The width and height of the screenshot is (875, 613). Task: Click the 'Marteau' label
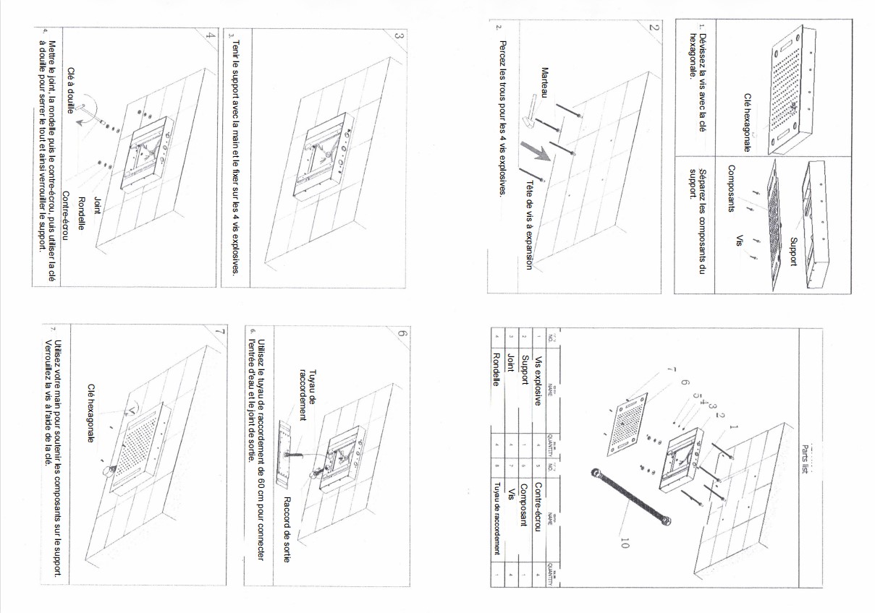pyautogui.click(x=545, y=83)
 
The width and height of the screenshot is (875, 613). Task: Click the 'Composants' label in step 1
pyautogui.click(x=732, y=188)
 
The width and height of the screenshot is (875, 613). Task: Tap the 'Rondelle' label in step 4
pyautogui.click(x=81, y=214)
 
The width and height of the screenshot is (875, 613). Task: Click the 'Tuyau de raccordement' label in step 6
pyautogui.click(x=307, y=395)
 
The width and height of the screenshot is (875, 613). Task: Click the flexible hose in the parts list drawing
pyautogui.click(x=630, y=498)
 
